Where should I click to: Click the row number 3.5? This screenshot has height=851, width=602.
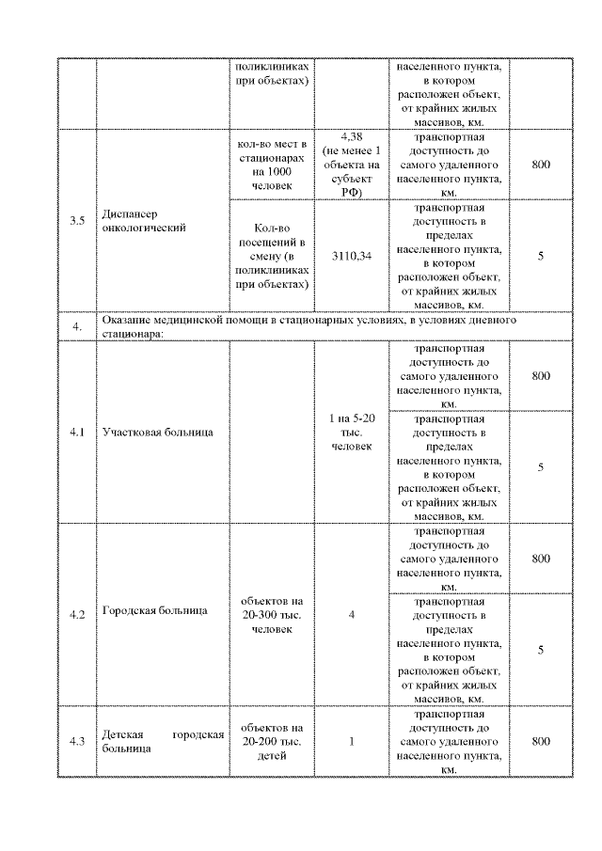(77, 221)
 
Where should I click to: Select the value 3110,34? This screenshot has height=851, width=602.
(352, 256)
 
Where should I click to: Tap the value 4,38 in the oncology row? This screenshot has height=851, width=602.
(352, 137)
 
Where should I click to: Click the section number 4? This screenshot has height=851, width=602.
(77, 326)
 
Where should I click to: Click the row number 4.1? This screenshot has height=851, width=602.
(77, 433)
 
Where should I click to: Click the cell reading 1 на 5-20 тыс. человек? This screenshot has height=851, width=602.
(352, 433)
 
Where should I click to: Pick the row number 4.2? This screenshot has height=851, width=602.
(77, 615)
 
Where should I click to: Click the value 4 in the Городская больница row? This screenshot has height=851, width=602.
(352, 615)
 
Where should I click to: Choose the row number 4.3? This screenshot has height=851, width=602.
(77, 742)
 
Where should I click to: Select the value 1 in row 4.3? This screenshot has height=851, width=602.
(352, 742)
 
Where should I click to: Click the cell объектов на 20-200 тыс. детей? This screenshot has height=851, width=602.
(271, 742)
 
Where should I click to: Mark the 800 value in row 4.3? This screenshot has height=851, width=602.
(541, 742)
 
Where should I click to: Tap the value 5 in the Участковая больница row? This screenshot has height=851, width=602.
(541, 467)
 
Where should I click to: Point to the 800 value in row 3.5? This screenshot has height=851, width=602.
(541, 165)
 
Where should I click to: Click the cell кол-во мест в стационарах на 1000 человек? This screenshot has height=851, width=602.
(271, 165)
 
